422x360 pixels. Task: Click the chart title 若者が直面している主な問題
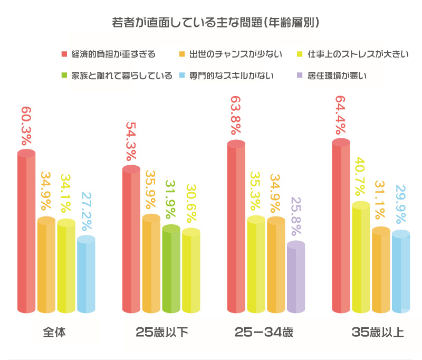[215, 24]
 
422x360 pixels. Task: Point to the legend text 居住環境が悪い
[337, 75]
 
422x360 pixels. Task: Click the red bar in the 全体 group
[26, 232]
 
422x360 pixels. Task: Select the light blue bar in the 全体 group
[86, 274]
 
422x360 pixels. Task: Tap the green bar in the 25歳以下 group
[171, 269]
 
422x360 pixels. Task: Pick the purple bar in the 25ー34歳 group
[296, 277]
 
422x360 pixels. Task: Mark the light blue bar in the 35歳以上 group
[401, 272]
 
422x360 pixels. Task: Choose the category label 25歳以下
[161, 333]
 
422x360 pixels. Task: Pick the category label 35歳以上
[378, 333]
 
